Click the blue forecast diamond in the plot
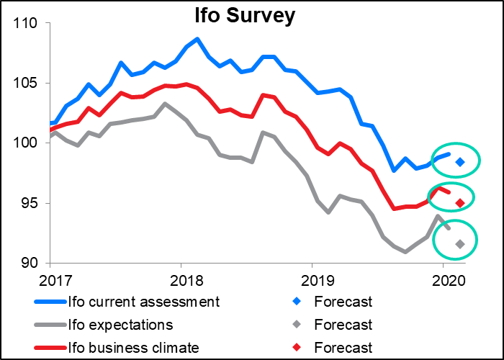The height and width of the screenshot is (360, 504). pos(460,162)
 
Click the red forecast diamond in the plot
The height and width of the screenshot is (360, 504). pos(460,203)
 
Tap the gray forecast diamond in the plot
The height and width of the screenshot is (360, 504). pos(460,245)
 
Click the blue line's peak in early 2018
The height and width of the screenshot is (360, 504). pos(197,39)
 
